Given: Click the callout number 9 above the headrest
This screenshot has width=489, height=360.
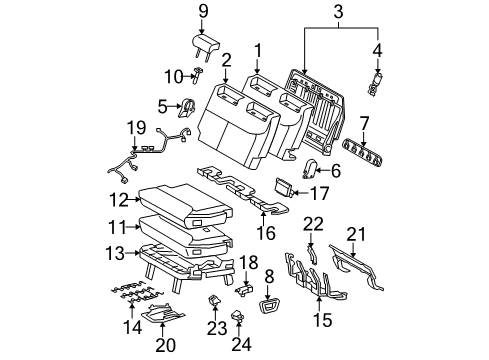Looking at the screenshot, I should click(x=204, y=13).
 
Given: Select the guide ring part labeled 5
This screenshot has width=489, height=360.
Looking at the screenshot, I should click(x=187, y=107).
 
